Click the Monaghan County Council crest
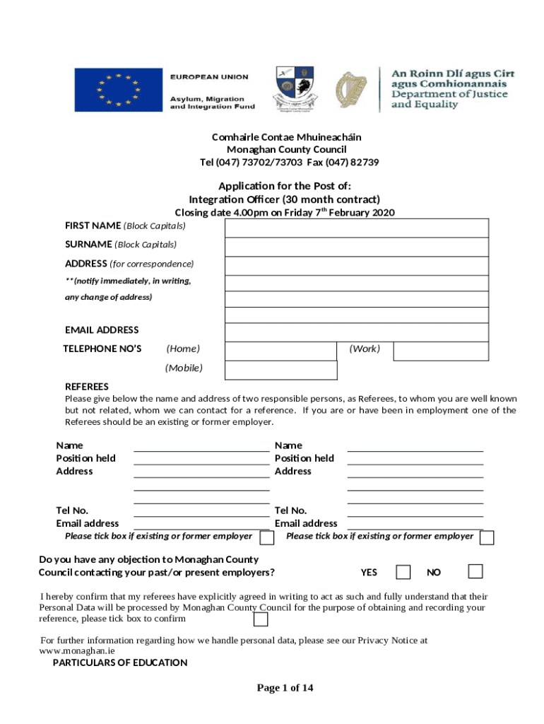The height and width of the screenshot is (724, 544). tap(294, 89)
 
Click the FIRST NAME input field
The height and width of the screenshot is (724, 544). tap(357, 228)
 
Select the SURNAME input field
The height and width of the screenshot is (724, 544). tap(357, 247)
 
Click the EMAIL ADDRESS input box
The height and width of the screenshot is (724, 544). tap(357, 332)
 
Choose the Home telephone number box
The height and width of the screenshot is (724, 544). tap(280, 351)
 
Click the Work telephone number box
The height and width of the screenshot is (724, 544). tap(440, 351)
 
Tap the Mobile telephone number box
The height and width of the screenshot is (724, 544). tap(280, 370)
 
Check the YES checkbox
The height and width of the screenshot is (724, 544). tap(403, 571)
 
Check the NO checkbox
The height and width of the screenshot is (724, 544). tap(475, 571)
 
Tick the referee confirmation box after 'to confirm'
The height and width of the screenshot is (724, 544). tap(261, 619)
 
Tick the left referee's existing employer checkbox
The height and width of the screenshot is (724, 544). tap(267, 538)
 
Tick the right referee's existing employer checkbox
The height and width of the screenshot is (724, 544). tap(487, 538)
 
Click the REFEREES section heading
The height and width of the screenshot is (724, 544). tap(87, 387)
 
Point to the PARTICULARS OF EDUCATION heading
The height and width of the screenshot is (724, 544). tap(120, 662)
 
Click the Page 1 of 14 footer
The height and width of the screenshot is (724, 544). tap(285, 688)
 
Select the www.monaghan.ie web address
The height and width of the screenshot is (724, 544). tap(77, 650)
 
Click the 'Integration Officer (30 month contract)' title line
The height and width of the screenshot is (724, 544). tap(284, 199)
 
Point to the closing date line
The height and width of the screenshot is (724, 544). tap(284, 213)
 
